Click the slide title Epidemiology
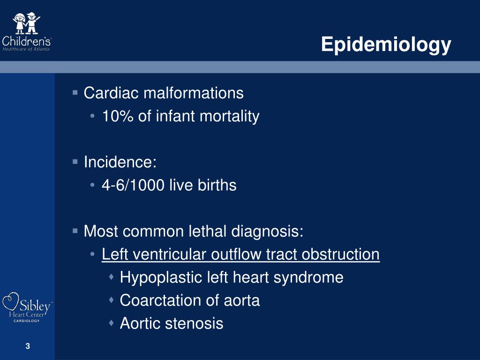click(386, 45)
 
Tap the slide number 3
click(28, 346)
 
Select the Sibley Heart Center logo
click(27, 307)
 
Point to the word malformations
click(193, 93)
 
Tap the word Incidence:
click(120, 162)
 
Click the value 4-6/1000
click(133, 186)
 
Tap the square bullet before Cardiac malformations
click(75, 93)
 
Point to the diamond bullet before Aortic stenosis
click(112, 323)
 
